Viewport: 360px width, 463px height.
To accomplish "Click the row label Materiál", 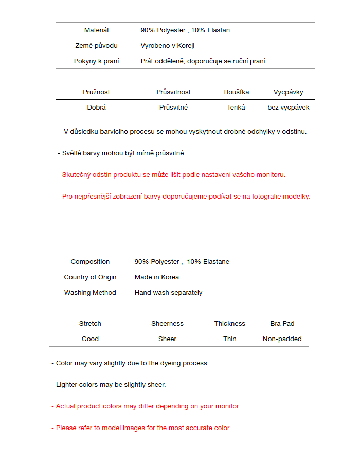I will (96, 30).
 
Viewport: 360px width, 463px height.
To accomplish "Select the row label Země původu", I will (96, 46).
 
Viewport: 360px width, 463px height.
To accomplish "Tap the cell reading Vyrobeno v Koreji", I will (168, 46).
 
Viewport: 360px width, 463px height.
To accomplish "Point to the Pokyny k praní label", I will (96, 61).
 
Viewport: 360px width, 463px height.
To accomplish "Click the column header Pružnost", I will (96, 92).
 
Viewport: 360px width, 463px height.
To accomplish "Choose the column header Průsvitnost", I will (173, 92).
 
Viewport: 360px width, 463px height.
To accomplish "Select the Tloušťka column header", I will (236, 92).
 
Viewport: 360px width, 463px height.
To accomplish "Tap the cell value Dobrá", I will (96, 108).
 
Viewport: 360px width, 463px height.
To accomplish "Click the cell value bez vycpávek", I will (288, 108).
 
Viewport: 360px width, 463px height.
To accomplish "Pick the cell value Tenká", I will (236, 108).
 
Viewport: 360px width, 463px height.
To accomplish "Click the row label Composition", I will (90, 262).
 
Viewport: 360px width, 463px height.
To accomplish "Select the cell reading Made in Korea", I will (157, 277).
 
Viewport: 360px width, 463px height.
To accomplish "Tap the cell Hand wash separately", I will (168, 293).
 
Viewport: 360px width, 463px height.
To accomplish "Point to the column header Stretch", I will (90, 324).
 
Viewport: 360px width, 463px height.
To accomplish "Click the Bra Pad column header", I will (282, 324).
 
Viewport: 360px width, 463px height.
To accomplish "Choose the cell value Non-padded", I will (282, 339).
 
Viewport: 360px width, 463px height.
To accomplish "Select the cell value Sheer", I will (167, 339).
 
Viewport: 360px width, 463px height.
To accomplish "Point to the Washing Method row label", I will (90, 293).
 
